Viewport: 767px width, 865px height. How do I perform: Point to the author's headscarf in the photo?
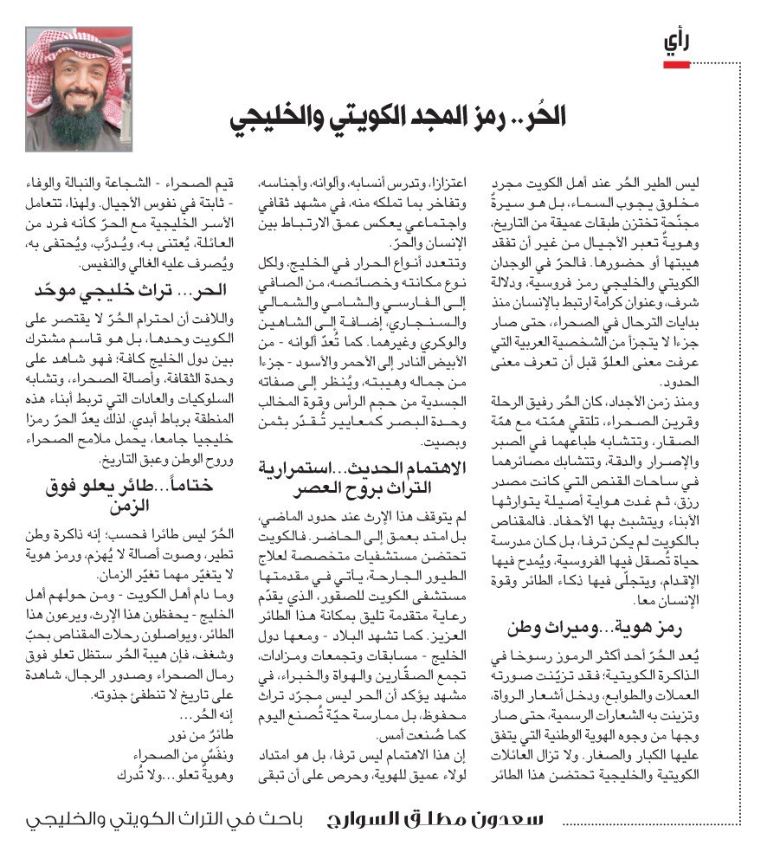[x=78, y=48]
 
